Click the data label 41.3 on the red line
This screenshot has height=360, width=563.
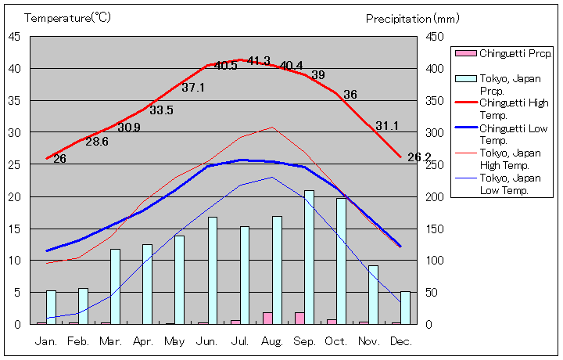259,61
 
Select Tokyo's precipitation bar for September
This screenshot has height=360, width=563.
309,257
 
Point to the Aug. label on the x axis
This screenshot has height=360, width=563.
271,341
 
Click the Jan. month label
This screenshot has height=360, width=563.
46,341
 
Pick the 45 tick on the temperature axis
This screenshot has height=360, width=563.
15,36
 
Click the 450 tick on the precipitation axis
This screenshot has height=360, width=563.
435,36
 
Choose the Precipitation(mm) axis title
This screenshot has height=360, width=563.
413,18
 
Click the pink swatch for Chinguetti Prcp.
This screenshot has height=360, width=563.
465,53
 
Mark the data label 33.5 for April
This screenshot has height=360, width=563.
161,110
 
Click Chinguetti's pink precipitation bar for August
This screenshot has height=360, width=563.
267,318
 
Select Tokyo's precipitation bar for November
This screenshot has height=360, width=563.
374,294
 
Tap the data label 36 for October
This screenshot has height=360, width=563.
350,95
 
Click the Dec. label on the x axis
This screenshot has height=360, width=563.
400,341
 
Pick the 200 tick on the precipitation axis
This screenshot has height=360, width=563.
435,196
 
